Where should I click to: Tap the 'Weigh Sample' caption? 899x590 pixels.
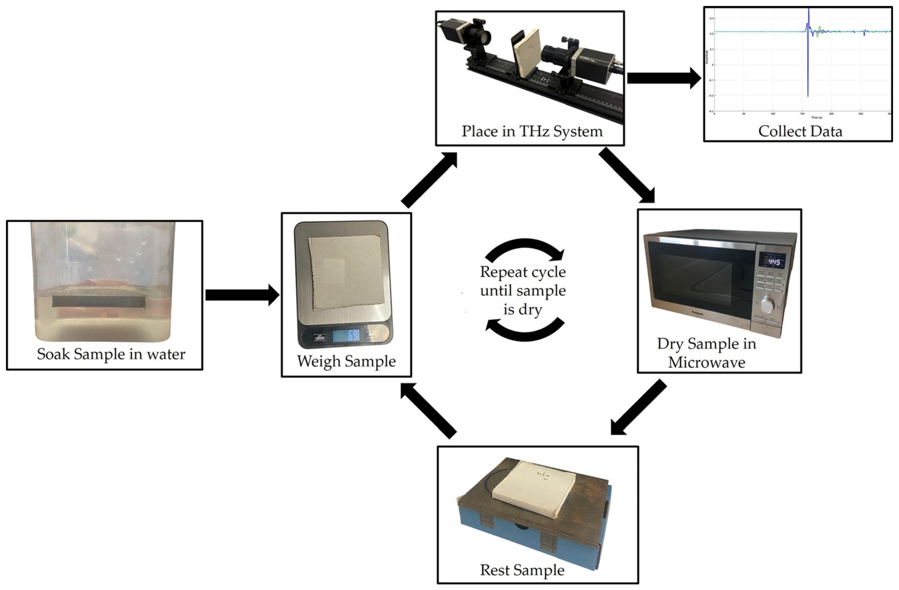pos(346,361)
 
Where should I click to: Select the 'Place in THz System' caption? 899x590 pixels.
pos(532,132)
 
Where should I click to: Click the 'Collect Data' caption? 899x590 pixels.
pos(800,132)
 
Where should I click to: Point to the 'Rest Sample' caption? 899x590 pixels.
pos(522,570)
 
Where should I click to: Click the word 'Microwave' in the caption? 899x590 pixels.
pos(706,363)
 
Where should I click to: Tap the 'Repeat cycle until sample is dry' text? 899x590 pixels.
pos(523,291)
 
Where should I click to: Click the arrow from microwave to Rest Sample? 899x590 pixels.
pos(638,408)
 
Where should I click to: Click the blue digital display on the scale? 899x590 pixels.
pos(346,335)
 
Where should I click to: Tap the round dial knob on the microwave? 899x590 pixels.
pos(767,305)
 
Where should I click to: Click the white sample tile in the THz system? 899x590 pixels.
pos(526,57)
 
